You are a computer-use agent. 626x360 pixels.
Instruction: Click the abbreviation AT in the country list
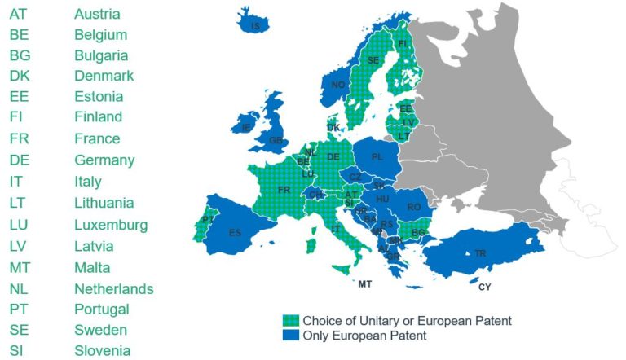pos(18,14)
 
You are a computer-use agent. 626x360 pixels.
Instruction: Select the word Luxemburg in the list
pos(111,225)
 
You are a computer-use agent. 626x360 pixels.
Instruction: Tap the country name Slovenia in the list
pos(102,351)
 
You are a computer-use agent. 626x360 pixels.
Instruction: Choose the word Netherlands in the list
pos(113,288)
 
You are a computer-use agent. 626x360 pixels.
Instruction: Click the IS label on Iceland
pos(256,27)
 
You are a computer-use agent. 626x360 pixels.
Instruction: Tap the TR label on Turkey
pos(481,254)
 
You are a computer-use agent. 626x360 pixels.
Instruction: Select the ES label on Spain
pos(235,233)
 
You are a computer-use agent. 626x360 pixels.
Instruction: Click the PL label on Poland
pos(377,156)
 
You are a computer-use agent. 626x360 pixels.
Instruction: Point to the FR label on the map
pos(284,190)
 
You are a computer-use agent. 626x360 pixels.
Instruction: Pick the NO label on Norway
pos(337,85)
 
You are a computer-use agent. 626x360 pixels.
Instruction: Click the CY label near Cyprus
pos(485,287)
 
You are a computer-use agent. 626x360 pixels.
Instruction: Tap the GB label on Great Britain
pos(276,140)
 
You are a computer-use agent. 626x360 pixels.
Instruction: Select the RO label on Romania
pos(414,208)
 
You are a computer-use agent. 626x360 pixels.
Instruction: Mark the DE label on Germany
pos(333,156)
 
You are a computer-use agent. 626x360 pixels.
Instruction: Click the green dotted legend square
pos(288,321)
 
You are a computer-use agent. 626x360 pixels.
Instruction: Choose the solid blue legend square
pos(288,335)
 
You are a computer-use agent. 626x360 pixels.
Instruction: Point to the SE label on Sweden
pos(373,60)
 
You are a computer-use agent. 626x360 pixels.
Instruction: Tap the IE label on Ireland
pos(246,128)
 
